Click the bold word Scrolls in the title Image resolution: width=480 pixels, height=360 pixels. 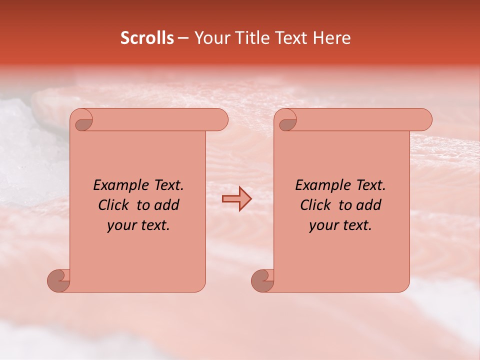(147, 38)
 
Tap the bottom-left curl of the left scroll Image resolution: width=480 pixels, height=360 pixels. (58, 280)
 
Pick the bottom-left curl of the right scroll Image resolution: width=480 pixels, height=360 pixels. (262, 280)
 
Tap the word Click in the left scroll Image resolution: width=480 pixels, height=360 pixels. (113, 205)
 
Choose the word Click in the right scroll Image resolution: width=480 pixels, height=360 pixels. (315, 205)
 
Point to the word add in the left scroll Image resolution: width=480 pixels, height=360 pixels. (167, 205)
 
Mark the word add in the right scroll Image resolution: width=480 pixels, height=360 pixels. (369, 205)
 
